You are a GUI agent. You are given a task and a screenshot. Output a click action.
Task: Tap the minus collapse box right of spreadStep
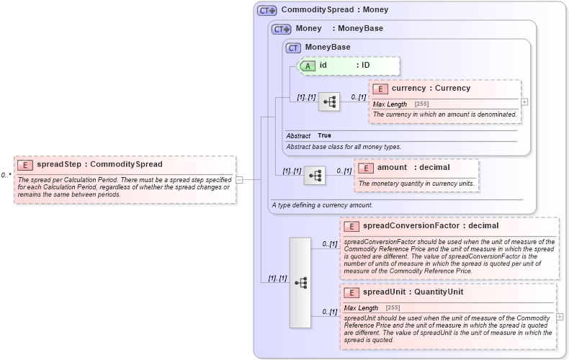coord(239,180)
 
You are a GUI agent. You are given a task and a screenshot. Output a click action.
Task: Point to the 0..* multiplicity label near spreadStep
coord(6,175)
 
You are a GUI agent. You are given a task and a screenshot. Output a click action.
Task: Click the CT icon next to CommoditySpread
coord(267,10)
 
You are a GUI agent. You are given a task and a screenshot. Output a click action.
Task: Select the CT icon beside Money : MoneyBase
coord(281,29)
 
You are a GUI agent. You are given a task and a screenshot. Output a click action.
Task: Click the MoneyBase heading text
coord(328,48)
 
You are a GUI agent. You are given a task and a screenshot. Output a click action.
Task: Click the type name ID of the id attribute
coord(365,66)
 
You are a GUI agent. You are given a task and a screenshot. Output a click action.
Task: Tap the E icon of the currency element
coord(380,89)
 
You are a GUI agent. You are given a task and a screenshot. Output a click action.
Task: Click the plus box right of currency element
coord(524,102)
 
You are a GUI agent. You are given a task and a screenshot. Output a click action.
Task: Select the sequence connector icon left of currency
coord(329,102)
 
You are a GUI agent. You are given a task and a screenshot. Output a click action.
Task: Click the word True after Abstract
coord(324,135)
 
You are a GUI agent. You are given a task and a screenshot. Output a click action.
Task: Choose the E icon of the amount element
coord(366,168)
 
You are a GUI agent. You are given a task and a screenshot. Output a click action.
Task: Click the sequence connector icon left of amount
coord(315,175)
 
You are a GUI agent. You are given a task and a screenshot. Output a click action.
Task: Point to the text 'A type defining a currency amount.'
coord(322,204)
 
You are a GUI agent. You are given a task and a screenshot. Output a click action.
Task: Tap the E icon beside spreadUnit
coord(351,292)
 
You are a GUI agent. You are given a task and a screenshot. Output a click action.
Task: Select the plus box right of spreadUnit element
coord(560,317)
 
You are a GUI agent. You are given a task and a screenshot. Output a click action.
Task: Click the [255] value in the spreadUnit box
coord(393,307)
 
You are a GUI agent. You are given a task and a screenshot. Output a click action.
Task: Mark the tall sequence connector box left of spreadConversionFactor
coord(300,283)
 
